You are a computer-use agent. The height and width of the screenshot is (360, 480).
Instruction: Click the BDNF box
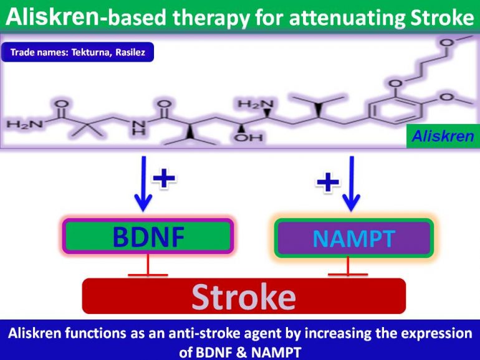pyautogui.click(x=147, y=237)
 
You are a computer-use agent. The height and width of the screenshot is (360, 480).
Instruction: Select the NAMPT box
pyautogui.click(x=353, y=238)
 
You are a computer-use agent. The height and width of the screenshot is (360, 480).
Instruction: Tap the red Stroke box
pyautogui.click(x=244, y=296)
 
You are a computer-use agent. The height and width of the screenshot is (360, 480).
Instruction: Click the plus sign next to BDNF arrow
pyautogui.click(x=165, y=179)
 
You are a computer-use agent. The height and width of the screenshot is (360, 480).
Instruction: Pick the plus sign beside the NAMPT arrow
pyautogui.click(x=328, y=182)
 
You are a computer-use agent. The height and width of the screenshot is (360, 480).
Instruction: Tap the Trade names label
pyautogui.click(x=77, y=53)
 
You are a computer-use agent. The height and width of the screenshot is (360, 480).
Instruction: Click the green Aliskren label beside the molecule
pyautogui.click(x=442, y=136)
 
